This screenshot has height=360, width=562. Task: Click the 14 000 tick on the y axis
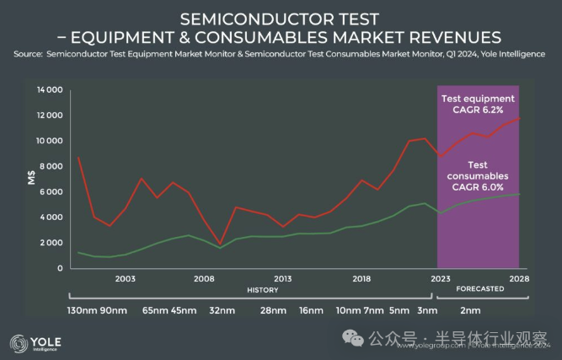(x=50, y=89)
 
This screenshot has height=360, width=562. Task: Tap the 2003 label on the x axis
(x=125, y=278)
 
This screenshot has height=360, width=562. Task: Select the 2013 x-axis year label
(x=283, y=278)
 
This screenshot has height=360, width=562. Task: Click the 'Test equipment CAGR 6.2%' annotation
(x=478, y=105)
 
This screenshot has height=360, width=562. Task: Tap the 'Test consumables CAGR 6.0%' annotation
(x=478, y=176)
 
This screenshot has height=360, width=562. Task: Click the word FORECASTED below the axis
(x=479, y=289)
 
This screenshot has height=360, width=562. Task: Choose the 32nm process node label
(x=222, y=310)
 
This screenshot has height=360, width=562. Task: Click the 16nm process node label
(x=310, y=310)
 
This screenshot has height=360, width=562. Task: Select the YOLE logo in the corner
(x=35, y=342)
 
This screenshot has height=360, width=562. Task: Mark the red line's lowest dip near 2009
(x=220, y=243)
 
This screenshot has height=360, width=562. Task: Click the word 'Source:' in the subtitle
(x=28, y=55)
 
